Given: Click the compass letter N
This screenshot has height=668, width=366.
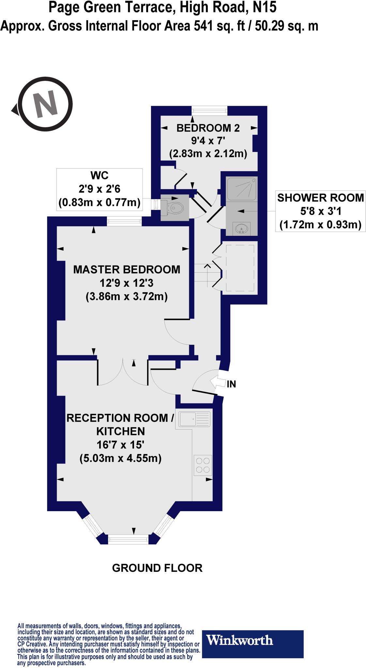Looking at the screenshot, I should [x=46, y=105].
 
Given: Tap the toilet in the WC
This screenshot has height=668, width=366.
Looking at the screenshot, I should [x=175, y=207].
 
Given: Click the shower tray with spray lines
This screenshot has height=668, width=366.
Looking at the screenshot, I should [x=242, y=188].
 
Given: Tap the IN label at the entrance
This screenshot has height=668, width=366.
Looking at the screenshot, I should [x=231, y=384].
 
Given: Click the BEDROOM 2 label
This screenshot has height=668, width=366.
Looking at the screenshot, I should [x=208, y=128].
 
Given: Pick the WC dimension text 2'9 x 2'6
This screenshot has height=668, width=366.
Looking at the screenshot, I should [x=99, y=189].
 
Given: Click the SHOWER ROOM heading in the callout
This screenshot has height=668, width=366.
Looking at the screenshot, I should [x=320, y=198].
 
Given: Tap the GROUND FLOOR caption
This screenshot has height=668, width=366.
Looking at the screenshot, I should [x=157, y=568].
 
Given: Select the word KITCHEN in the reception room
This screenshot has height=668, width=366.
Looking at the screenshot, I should [x=120, y=431].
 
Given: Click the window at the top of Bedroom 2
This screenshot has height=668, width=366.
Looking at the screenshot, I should [x=209, y=110].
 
